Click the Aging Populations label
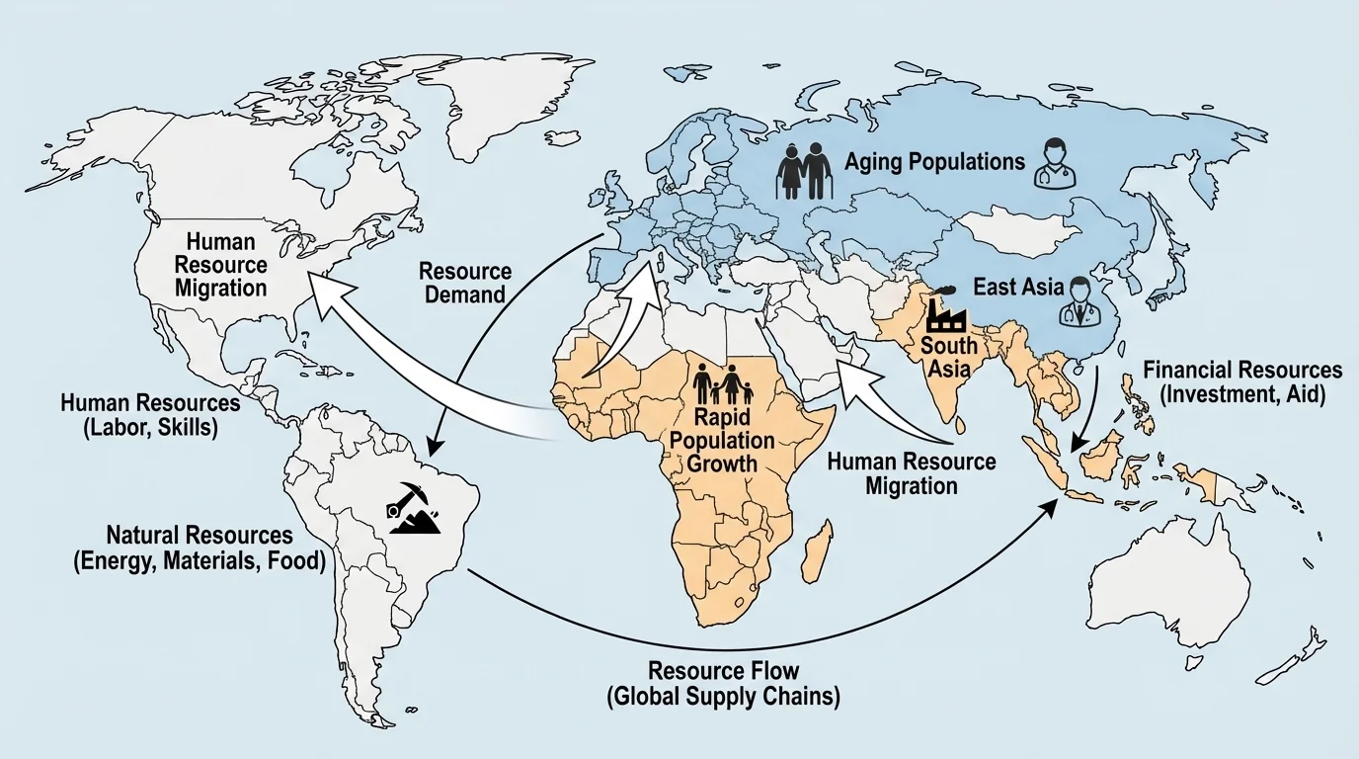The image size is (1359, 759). pyautogui.click(x=934, y=161)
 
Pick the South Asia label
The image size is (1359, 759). pyautogui.click(x=948, y=358)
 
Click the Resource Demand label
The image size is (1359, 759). pyautogui.click(x=465, y=282)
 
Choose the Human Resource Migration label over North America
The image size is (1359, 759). pyautogui.click(x=221, y=264)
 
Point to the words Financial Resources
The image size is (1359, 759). pyautogui.click(x=1242, y=370)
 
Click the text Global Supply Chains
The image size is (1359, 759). pyautogui.click(x=723, y=696)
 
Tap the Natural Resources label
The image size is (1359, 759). pyautogui.click(x=199, y=535)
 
